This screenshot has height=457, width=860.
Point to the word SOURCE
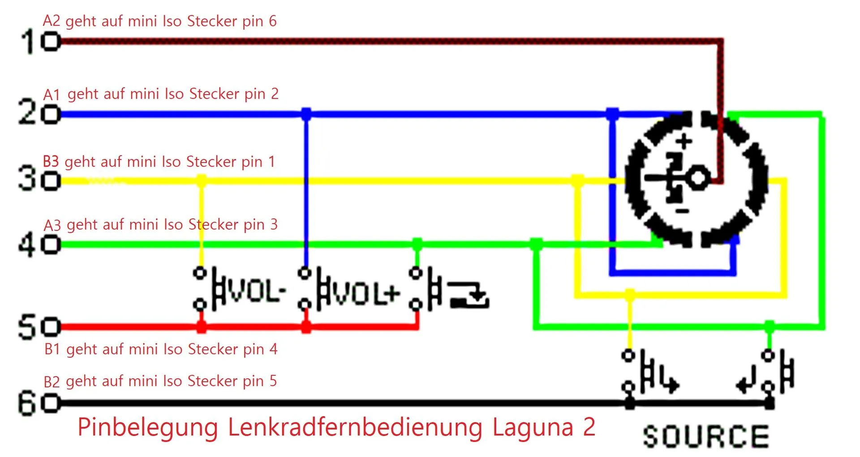point(706,436)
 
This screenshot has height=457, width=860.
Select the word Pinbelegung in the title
point(148,427)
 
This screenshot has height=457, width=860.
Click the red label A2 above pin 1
point(52,21)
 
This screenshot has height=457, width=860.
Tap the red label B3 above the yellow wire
point(51,161)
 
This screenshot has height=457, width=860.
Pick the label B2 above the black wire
point(52,381)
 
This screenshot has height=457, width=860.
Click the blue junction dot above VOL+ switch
point(306,114)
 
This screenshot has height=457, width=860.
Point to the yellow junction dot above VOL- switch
point(201,181)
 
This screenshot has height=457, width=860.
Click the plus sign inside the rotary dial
point(684,142)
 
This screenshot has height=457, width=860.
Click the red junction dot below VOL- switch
point(201,327)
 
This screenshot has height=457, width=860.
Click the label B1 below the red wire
point(52,349)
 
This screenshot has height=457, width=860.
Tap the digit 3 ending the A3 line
point(274,224)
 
